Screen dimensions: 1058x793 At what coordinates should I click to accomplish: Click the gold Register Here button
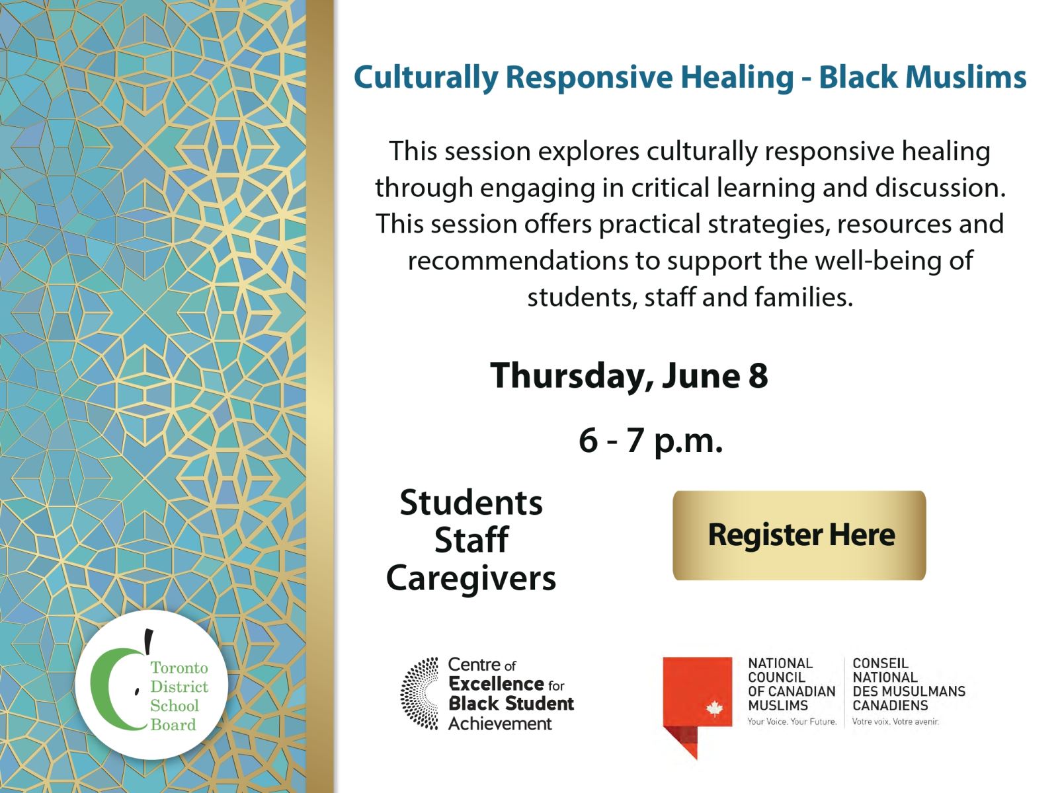click(799, 535)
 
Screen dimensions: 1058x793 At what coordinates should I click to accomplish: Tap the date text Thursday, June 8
click(629, 375)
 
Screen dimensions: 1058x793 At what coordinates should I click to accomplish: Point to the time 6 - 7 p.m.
click(651, 440)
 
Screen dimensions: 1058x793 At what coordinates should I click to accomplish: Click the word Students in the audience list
click(471, 503)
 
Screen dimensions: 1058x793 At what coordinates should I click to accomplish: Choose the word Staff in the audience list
click(471, 540)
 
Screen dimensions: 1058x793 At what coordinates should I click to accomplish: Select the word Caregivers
click(471, 578)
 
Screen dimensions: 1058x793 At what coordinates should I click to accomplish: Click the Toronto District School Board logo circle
click(151, 685)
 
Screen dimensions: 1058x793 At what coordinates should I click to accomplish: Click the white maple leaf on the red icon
click(714, 709)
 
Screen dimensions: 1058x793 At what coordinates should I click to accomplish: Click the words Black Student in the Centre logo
click(511, 704)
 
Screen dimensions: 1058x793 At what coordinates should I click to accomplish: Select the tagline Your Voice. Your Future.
click(792, 722)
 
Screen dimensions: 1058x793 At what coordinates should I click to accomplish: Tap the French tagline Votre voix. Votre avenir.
click(895, 722)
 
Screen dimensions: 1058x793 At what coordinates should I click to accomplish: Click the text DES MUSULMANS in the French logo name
click(909, 691)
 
